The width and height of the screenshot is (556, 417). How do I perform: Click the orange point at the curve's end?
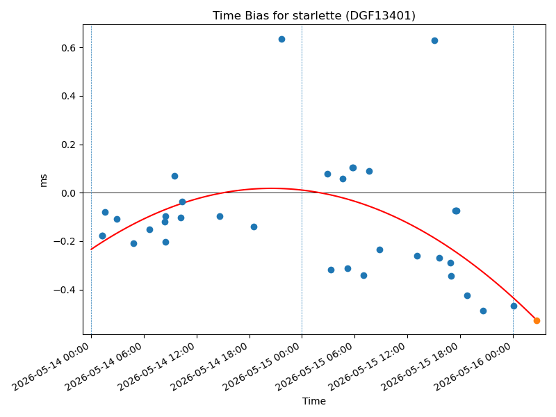pyautogui.click(x=537, y=320)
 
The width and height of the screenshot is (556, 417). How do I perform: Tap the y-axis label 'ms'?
pyautogui.click(x=43, y=181)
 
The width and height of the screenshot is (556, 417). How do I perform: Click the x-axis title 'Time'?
pyautogui.click(x=314, y=401)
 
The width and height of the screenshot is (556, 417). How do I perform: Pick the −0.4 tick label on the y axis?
pyautogui.click(x=65, y=291)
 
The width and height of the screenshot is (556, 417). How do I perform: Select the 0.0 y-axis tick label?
pyautogui.click(x=69, y=193)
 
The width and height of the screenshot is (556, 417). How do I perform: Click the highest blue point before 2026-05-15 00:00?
pyautogui.click(x=281, y=40)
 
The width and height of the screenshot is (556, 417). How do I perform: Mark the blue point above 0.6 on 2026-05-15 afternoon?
pyautogui.click(x=434, y=41)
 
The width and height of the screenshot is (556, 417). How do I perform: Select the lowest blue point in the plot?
pyautogui.click(x=483, y=311)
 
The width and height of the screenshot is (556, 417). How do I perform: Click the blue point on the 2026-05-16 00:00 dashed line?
pyautogui.click(x=514, y=306)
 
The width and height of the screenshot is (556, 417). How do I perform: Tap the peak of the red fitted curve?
pyautogui.click(x=271, y=188)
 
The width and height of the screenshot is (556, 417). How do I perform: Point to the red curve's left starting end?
pyautogui.click(x=92, y=250)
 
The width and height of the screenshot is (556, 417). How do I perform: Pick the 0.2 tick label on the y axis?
pyautogui.click(x=69, y=145)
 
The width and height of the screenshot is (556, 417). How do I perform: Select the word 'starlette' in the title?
pyautogui.click(x=308, y=15)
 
